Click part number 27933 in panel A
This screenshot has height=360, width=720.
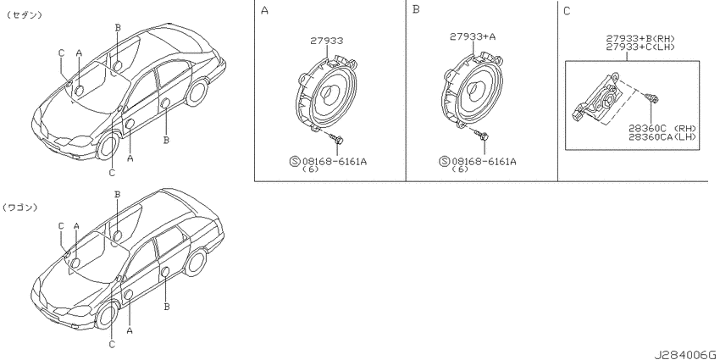326,41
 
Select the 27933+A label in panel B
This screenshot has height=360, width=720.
473,36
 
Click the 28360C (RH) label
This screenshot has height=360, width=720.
662,128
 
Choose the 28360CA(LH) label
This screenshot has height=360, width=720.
662,136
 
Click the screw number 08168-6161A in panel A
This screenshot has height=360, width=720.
334,161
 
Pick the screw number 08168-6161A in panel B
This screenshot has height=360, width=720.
484,161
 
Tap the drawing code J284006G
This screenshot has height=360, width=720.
686,355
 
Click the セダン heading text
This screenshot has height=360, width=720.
25,15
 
